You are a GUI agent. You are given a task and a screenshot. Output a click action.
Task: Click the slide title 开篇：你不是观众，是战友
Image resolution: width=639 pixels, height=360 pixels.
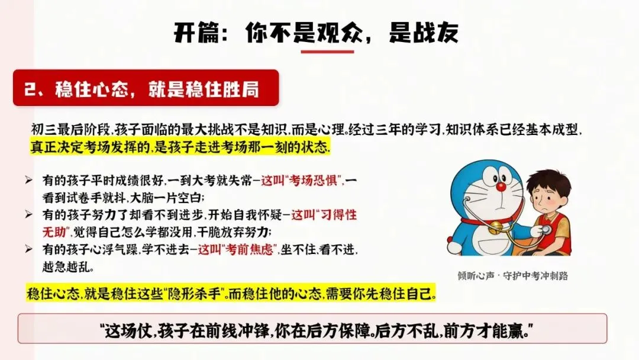[x=316, y=33]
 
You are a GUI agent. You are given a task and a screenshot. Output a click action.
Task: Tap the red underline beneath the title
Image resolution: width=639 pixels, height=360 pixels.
[x=327, y=52]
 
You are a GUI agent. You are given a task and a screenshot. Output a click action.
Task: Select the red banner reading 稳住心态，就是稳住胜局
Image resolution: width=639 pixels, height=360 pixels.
[x=146, y=88]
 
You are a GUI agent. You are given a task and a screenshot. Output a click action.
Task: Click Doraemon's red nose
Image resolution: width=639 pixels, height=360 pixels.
[x=501, y=187]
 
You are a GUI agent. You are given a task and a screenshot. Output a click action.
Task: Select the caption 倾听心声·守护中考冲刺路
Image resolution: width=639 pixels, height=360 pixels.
[x=512, y=276]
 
